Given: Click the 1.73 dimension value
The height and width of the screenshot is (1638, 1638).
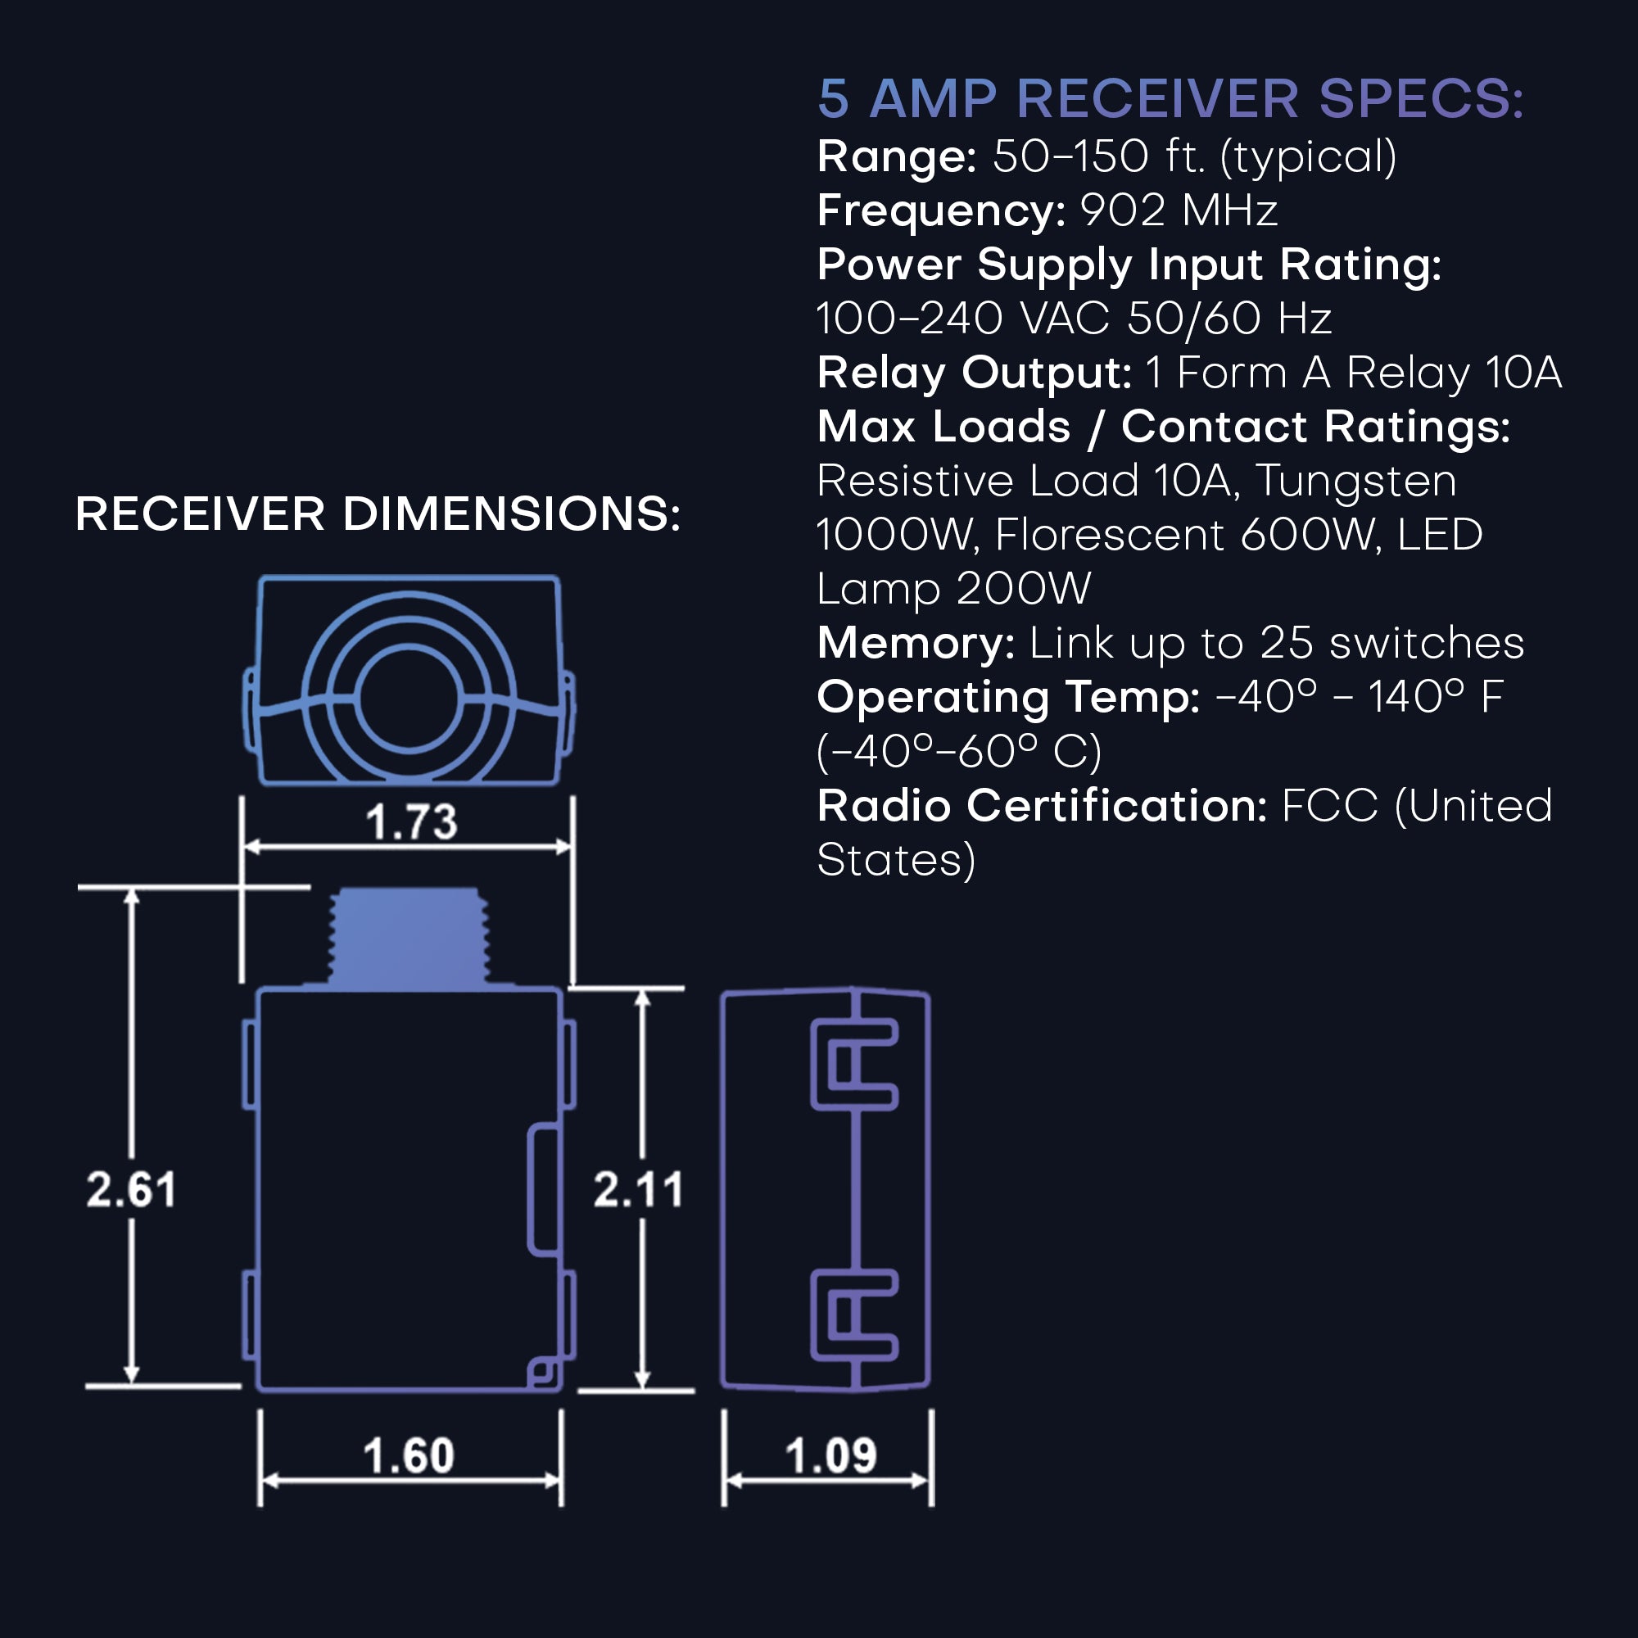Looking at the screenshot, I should click(411, 821).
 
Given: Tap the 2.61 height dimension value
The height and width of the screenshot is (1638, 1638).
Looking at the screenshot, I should click(131, 1188).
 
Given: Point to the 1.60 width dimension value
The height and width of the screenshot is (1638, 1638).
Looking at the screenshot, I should click(409, 1455).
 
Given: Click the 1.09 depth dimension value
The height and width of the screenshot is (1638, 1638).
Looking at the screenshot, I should click(830, 1455).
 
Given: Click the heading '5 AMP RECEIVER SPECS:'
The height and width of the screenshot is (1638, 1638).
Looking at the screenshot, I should click(1170, 98).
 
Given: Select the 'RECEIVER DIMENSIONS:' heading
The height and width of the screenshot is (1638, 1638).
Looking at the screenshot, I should click(378, 514).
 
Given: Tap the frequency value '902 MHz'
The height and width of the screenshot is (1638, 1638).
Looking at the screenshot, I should click(1179, 210).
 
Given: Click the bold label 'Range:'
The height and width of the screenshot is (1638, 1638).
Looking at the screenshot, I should click(897, 157).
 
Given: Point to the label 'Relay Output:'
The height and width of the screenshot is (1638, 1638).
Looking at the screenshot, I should click(974, 373).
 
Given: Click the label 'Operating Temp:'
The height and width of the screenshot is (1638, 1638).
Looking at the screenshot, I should click(1008, 697).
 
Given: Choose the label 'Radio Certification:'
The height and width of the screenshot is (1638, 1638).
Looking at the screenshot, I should click(1042, 805).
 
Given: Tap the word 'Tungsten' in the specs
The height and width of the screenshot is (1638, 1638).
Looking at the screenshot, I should click(1355, 482).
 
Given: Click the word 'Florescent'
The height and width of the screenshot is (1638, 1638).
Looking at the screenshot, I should click(1110, 535).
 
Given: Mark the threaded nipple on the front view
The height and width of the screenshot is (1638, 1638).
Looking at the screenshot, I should click(409, 937).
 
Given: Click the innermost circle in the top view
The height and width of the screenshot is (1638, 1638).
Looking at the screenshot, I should click(409, 699).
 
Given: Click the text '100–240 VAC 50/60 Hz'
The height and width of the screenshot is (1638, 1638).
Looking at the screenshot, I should click(1074, 319).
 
